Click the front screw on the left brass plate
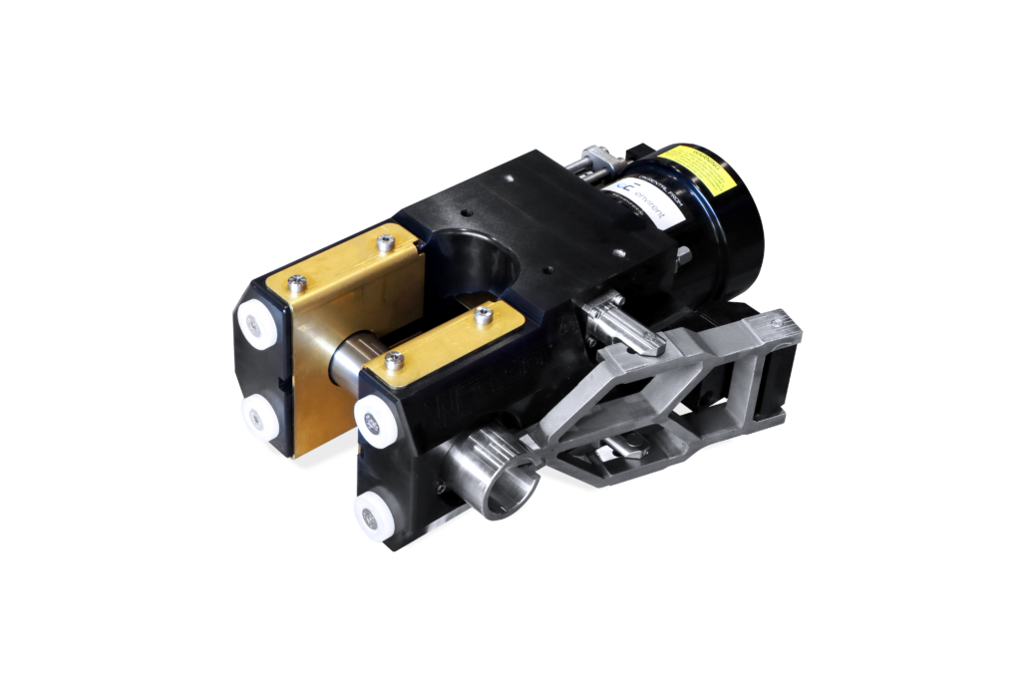(x=296, y=284)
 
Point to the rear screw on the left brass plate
(x=385, y=241)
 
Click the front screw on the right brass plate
(x=394, y=360)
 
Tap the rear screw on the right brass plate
(x=484, y=317)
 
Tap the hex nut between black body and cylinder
(x=684, y=260)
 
